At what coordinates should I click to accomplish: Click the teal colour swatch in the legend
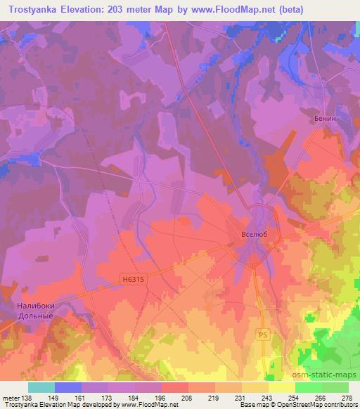coord(41,387)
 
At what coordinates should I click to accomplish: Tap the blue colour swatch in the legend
coord(68,387)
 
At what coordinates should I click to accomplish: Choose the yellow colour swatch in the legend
coord(281,387)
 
